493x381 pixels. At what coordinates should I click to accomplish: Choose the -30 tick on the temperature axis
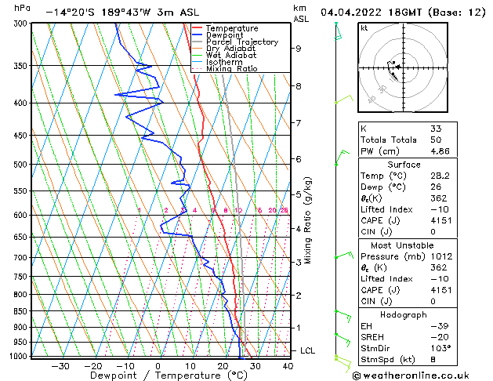[60, 365]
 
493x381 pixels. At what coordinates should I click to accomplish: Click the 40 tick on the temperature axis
[286, 365]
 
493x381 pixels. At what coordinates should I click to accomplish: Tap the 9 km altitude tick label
[299, 49]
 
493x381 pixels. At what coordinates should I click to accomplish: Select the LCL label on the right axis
[307, 350]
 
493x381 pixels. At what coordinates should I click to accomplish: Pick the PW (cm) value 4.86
[441, 151]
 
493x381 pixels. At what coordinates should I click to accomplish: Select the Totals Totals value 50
[436, 140]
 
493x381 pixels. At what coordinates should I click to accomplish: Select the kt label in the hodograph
[364, 28]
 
